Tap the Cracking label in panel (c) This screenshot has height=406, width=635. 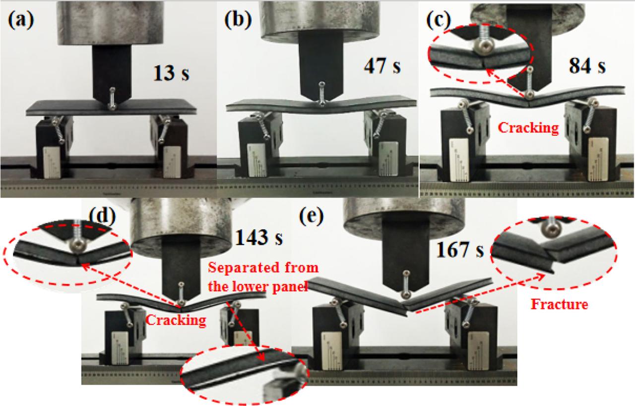coord(528,128)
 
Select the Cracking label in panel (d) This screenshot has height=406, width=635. coord(176,320)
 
